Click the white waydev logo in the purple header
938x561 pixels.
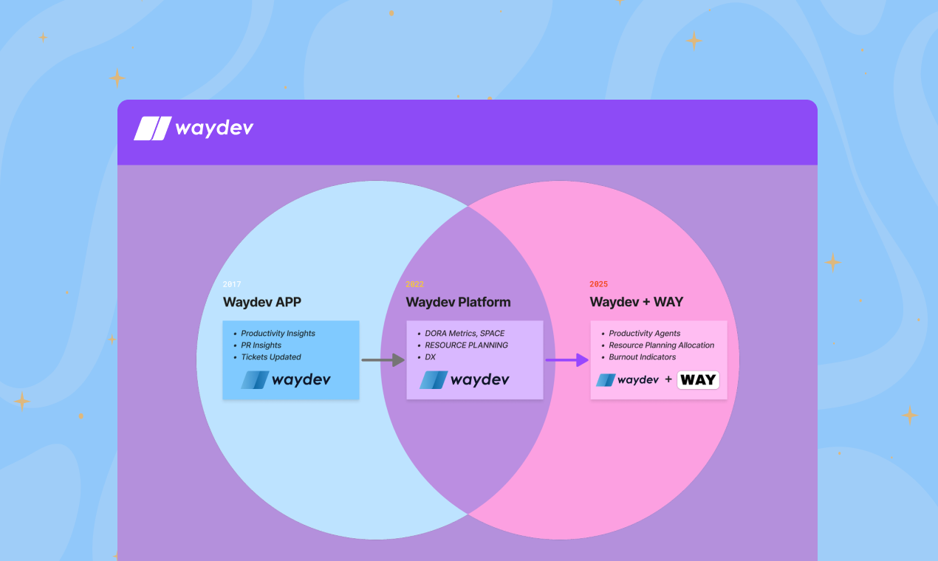coord(194,128)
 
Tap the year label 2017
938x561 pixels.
coord(232,284)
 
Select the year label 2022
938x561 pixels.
coord(414,284)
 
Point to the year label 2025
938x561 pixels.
coord(598,284)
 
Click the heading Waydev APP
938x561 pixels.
coord(262,302)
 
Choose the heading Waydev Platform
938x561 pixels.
coord(458,302)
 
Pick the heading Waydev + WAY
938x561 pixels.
coord(636,302)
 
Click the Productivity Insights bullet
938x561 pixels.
coord(278,334)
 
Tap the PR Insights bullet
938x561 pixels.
coord(261,345)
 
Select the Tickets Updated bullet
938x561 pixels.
coord(271,357)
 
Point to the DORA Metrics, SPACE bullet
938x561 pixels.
coord(465,334)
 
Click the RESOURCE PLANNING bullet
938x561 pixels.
coord(466,345)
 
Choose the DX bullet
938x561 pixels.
coord(430,357)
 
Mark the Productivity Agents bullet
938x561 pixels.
coord(644,334)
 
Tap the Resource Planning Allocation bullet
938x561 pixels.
coord(661,345)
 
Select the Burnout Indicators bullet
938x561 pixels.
coord(642,357)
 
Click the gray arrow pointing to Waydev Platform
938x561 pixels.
coord(383,360)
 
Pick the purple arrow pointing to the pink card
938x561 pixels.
coord(566,360)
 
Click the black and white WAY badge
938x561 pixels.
coord(698,380)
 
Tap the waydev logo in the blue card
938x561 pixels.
coord(286,380)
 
